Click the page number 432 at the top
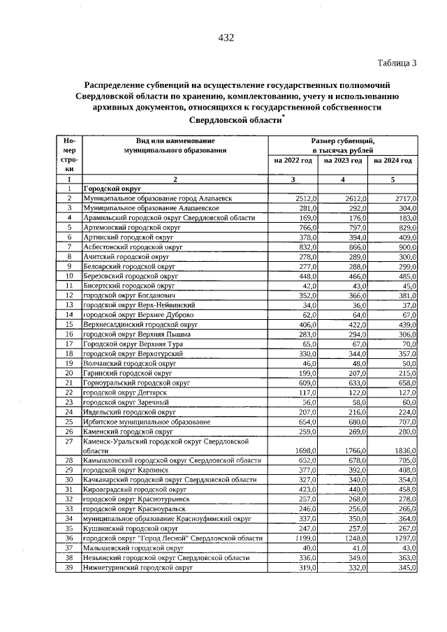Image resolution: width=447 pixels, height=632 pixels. click(225, 38)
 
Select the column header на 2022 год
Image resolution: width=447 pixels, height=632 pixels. click(293, 161)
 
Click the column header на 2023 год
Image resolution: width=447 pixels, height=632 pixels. click(343, 161)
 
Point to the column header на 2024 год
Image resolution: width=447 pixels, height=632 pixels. click(393, 161)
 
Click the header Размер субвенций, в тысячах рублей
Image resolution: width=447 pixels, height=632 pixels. click(343, 145)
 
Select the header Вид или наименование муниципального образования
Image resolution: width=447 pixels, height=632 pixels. click(175, 145)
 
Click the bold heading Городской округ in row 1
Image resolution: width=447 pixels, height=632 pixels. click(112, 189)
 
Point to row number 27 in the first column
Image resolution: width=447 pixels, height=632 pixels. click(69, 442)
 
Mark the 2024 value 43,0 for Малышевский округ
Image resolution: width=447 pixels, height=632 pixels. click(408, 548)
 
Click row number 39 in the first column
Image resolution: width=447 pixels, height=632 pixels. click(69, 568)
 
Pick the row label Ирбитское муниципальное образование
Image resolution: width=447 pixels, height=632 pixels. click(146, 422)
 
